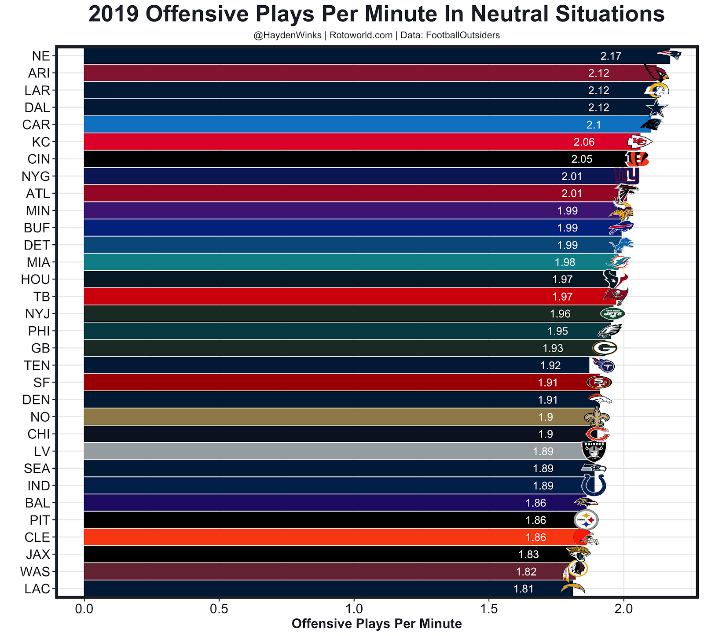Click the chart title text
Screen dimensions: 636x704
(x=376, y=14)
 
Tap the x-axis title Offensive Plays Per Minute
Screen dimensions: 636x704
(x=377, y=624)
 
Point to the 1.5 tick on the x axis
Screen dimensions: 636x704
(x=488, y=609)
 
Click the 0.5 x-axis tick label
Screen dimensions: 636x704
(x=219, y=609)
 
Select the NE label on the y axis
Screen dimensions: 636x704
(x=41, y=56)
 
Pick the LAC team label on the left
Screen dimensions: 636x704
(x=37, y=589)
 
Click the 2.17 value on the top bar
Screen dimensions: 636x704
(x=611, y=56)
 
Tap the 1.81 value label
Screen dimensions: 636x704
(x=524, y=589)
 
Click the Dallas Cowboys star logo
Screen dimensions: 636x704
(x=656, y=108)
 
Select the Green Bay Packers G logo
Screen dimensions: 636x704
(x=605, y=348)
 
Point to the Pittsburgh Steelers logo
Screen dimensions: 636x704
(x=586, y=520)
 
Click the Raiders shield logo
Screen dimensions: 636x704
(x=594, y=451)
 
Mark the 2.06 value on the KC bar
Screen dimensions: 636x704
(x=584, y=142)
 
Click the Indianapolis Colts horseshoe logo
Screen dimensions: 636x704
(x=594, y=485)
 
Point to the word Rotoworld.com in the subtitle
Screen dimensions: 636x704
(x=361, y=35)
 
